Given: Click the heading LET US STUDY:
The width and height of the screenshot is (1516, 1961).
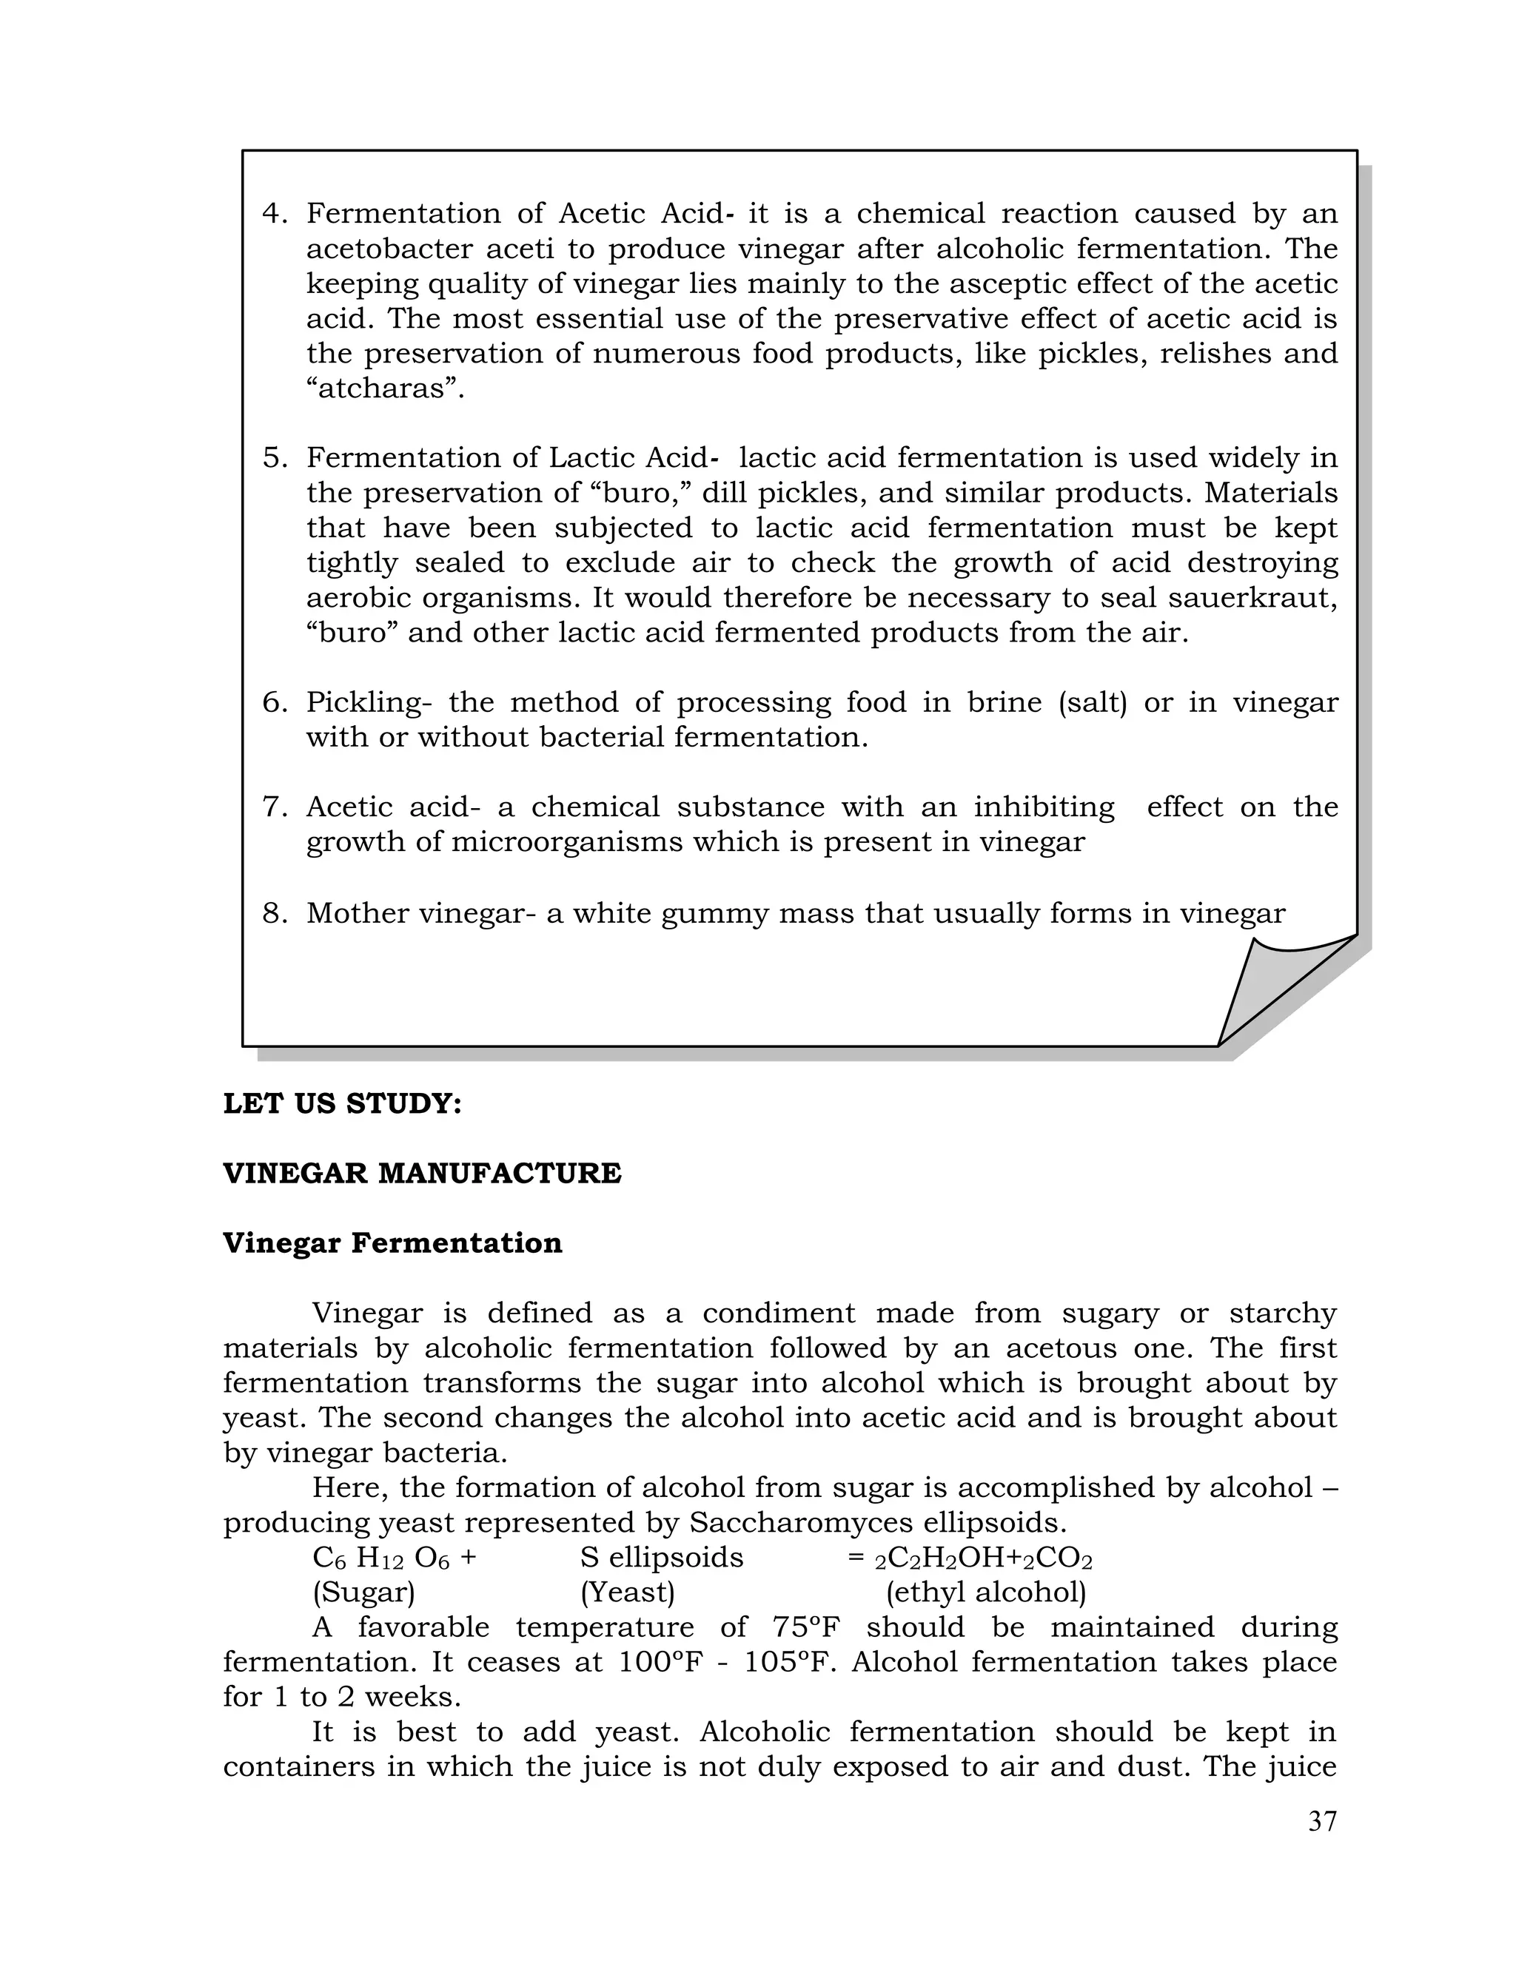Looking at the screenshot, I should [x=342, y=1103].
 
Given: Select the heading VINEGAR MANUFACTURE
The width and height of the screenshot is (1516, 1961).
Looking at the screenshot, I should [x=422, y=1174].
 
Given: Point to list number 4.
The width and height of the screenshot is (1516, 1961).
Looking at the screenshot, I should [x=274, y=214].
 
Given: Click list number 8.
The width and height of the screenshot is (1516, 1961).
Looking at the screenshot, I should [x=274, y=914].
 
